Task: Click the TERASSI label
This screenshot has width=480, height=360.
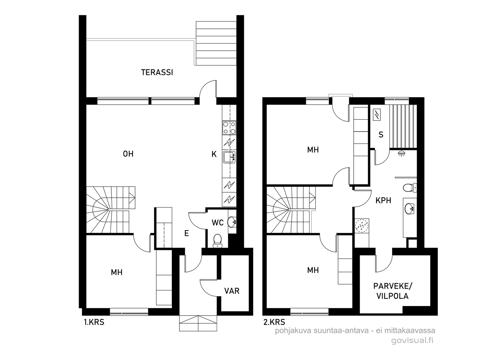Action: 157,72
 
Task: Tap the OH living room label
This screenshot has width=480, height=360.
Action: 128,154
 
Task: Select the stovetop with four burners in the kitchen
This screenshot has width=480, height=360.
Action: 229,128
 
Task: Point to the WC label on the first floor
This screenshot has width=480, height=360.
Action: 217,223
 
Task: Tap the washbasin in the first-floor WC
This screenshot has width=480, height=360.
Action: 232,222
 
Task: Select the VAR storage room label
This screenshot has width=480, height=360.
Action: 232,291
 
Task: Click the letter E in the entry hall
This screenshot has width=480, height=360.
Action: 187,233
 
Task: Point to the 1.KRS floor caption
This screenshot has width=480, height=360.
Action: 94,322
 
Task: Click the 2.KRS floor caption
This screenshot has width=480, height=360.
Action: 274,322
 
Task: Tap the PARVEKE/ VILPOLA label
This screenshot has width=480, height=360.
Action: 392,291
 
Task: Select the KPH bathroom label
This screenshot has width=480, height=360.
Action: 383,200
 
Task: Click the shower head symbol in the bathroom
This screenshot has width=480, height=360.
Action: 401,153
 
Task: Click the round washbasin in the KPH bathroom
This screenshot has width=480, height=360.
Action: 409,209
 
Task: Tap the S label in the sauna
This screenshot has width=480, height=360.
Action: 381,135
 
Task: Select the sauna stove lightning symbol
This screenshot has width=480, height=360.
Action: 377,115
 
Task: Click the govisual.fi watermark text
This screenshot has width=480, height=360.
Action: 412,340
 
